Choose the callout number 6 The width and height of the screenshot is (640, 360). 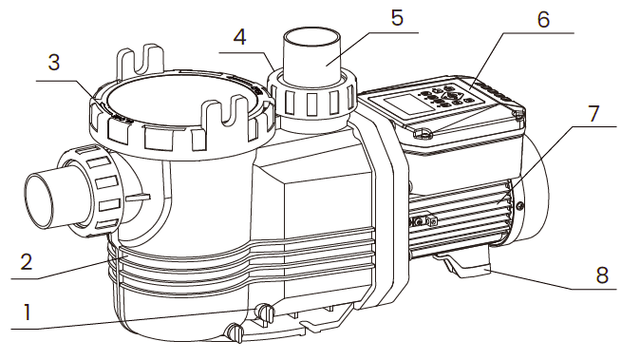pyautogui.click(x=542, y=19)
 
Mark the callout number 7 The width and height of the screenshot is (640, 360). pyautogui.click(x=592, y=112)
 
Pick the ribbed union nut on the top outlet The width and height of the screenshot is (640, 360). pyautogui.click(x=313, y=96)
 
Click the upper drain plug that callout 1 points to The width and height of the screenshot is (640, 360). pyautogui.click(x=265, y=313)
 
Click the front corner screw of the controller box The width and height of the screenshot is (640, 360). pyautogui.click(x=425, y=135)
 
